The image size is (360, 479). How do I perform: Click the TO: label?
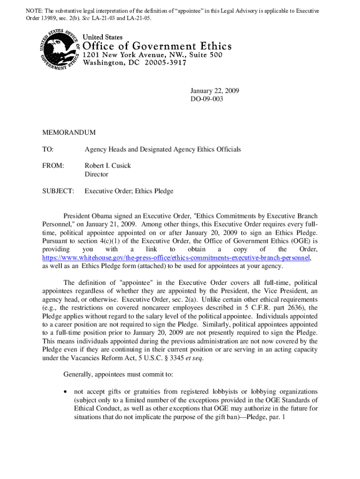pyautogui.click(x=48, y=149)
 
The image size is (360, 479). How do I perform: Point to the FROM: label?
pyautogui.click(x=53, y=166)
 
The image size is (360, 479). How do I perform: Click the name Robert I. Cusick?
pyautogui.click(x=108, y=166)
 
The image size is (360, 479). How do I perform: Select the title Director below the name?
pyautogui.click(x=96, y=174)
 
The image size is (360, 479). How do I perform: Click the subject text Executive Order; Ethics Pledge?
pyautogui.click(x=129, y=191)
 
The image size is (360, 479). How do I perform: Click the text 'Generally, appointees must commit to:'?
pyautogui.click(x=118, y=375)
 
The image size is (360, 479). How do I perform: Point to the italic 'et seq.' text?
pyautogui.click(x=193, y=358)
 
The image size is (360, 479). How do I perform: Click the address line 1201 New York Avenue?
pyautogui.click(x=152, y=55)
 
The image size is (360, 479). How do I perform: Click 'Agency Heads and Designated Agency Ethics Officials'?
pyautogui.click(x=162, y=149)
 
